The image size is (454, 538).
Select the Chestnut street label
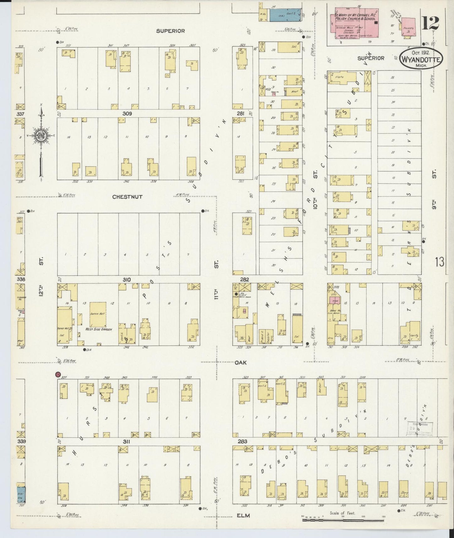tap(127, 197)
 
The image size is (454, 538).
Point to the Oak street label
tap(240, 362)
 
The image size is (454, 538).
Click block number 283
tap(243, 441)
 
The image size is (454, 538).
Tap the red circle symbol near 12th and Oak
tap(57, 374)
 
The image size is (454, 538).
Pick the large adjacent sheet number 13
tap(440, 261)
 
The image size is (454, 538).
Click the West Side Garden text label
tap(97, 329)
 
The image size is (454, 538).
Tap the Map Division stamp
tap(420, 429)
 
